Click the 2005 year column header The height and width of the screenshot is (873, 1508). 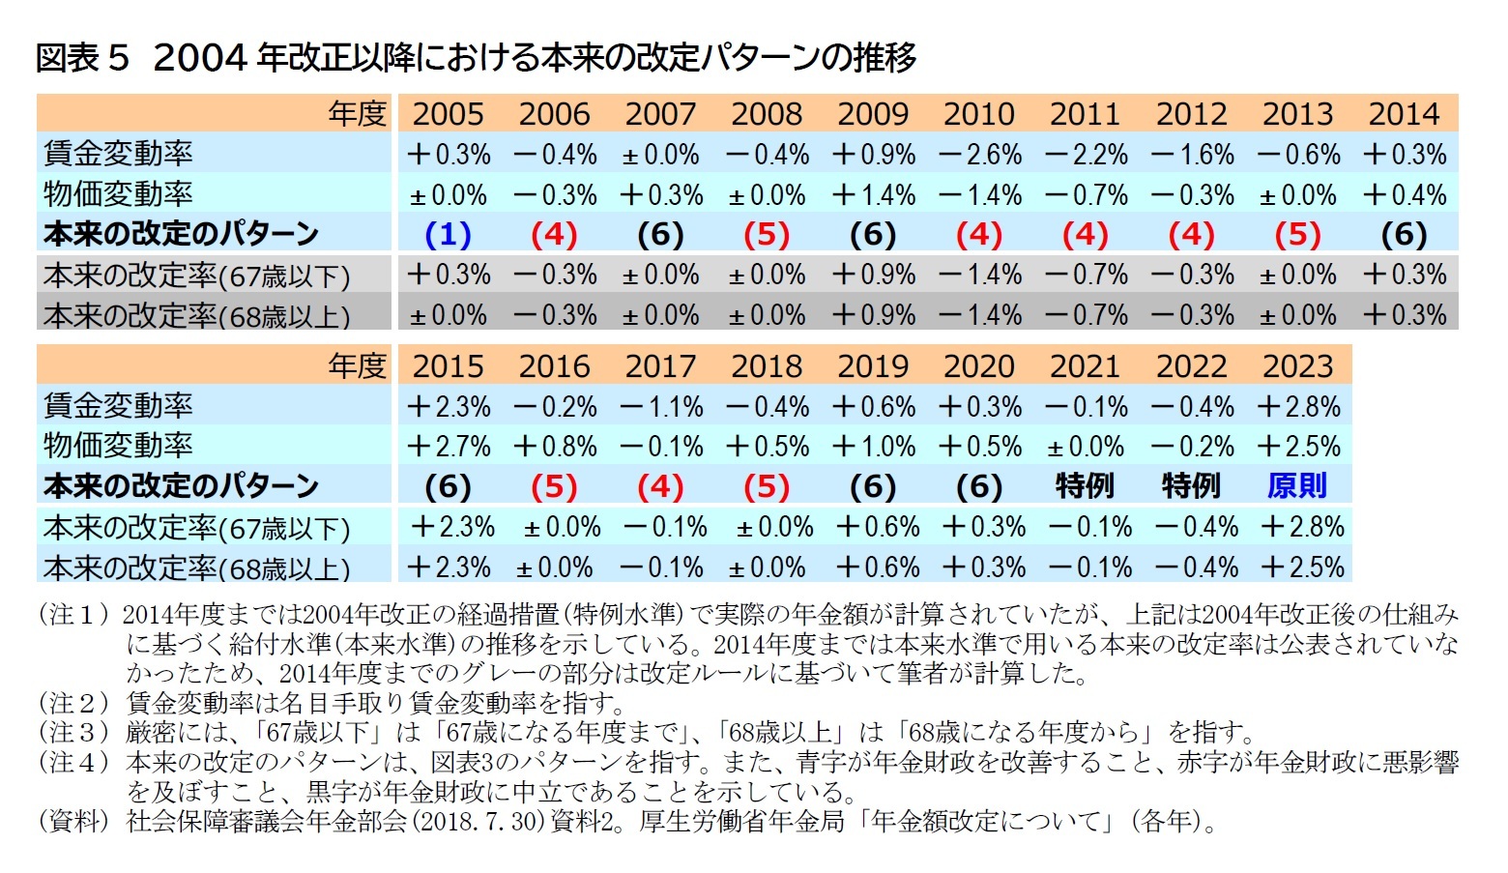pyautogui.click(x=448, y=114)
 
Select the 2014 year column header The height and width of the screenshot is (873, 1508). pyautogui.click(x=1404, y=114)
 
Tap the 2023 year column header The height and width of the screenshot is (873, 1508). pyautogui.click(x=1297, y=366)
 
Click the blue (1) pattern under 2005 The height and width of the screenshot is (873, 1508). pyautogui.click(x=448, y=235)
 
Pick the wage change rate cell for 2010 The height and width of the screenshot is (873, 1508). pyautogui.click(x=979, y=155)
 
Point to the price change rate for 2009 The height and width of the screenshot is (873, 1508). pyautogui.click(x=873, y=195)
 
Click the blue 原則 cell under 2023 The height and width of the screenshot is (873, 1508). pyautogui.click(x=1297, y=486)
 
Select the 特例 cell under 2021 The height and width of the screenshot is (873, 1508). pyautogui.click(x=1085, y=486)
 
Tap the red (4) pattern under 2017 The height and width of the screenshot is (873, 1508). pyautogui.click(x=660, y=486)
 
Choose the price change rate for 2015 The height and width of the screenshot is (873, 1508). pyautogui.click(x=448, y=447)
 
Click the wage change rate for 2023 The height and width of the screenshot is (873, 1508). pyautogui.click(x=1297, y=407)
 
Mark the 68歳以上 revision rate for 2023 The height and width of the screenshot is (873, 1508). pyautogui.click(x=1301, y=567)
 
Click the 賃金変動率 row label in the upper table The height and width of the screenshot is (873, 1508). pyautogui.click(x=118, y=155)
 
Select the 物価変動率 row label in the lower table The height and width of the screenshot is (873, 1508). pyautogui.click(x=118, y=447)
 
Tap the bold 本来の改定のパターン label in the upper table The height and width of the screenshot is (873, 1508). pyautogui.click(x=181, y=235)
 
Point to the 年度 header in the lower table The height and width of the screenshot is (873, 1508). pyautogui.click(x=357, y=366)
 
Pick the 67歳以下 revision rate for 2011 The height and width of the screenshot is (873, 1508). pyautogui.click(x=1085, y=276)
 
